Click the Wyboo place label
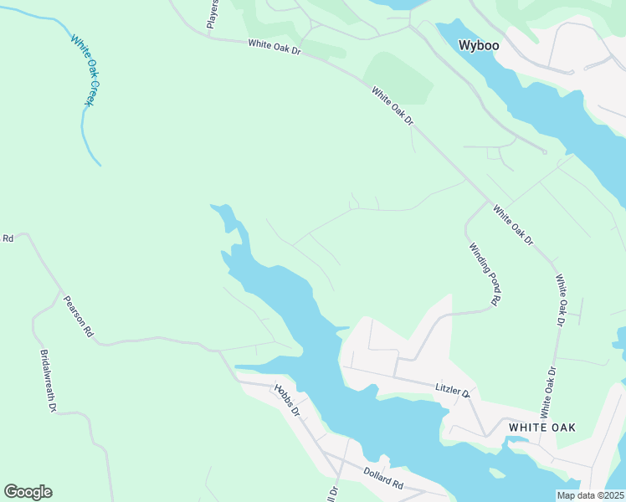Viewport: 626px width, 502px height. [x=480, y=45]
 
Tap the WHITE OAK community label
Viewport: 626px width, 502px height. [x=542, y=427]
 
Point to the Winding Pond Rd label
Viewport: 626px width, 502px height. [x=485, y=274]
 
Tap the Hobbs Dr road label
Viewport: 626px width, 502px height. [x=286, y=401]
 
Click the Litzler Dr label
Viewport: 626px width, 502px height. [x=453, y=389]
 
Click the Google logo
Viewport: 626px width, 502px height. [x=28, y=492]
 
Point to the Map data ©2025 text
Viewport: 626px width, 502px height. [x=591, y=495]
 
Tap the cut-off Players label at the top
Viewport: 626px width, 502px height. [x=213, y=13]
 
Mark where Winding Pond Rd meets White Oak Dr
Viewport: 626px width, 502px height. [x=487, y=201]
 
